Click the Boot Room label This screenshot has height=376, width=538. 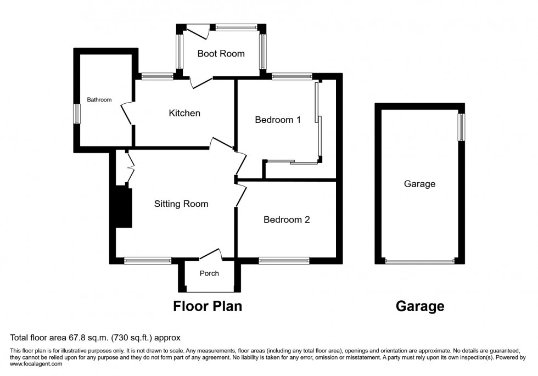coord(221,54)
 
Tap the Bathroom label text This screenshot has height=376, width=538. coord(99,100)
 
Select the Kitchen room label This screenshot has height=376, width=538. coord(184,114)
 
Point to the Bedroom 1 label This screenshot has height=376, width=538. coord(278,120)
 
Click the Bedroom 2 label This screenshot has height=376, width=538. coord(287,220)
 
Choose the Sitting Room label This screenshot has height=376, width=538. coord(181,204)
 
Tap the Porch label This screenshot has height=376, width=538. coord(209,273)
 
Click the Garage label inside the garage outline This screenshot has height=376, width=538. coord(419,184)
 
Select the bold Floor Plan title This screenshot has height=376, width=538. coord(208,306)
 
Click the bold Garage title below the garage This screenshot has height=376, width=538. coord(420,306)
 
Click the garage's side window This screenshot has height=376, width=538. coord(462,126)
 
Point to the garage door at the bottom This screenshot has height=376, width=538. coord(420,261)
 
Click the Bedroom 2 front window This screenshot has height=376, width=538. coord(284,261)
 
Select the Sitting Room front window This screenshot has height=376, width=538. coord(148,261)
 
